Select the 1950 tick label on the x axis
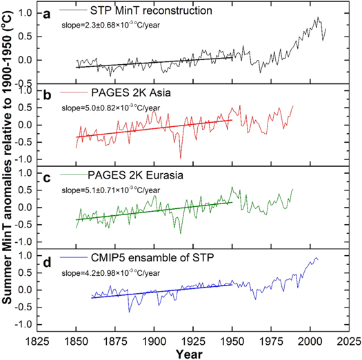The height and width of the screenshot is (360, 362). pyautogui.click(x=232, y=341)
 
